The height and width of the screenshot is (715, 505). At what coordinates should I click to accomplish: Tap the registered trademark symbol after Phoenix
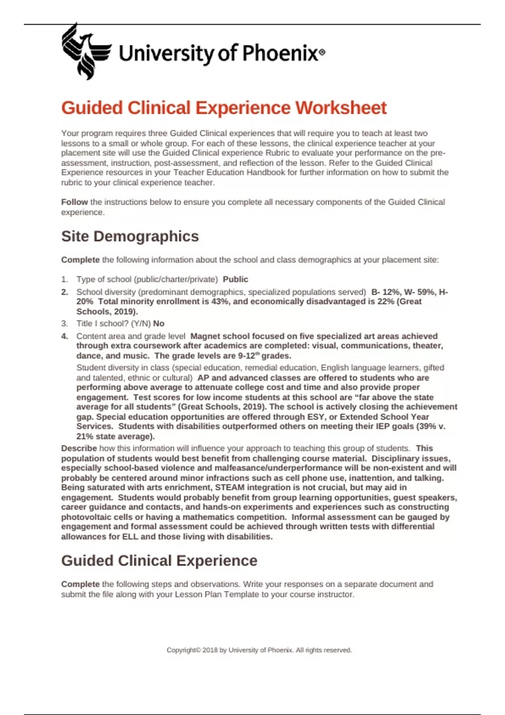point(322,53)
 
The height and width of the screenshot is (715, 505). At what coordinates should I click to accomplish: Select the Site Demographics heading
point(130,236)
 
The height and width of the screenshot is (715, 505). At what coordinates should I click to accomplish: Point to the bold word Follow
point(74,202)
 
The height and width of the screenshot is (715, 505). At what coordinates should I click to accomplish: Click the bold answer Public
point(235,279)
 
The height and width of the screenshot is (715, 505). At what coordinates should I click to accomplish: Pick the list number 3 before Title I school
point(64,323)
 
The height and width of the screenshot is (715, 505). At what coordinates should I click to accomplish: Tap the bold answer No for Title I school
point(159,323)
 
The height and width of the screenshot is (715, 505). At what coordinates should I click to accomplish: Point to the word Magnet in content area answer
point(205,336)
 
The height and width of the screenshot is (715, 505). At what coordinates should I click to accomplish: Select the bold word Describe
point(79,448)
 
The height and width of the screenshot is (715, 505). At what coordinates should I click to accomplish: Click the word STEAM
point(230,487)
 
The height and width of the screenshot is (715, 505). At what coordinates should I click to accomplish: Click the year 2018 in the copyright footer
point(210,650)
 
